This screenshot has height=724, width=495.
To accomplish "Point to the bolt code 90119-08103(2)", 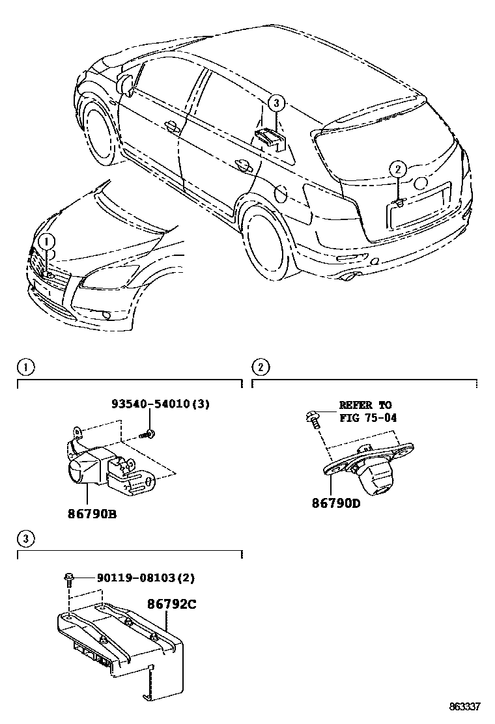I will coord(146,578).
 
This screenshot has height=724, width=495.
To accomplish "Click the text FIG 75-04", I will coord(368,417).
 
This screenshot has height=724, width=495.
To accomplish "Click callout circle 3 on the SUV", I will coord(276,102).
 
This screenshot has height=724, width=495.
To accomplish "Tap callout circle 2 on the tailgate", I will coord(397,169).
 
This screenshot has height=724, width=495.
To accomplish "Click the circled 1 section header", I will coord(24,367).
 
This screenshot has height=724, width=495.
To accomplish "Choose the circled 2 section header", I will coord(260,367).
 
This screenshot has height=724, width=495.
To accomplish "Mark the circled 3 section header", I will coord(24,538).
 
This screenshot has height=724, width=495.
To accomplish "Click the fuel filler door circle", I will coord(281,193).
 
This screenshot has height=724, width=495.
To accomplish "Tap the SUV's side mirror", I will coord(124,83).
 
